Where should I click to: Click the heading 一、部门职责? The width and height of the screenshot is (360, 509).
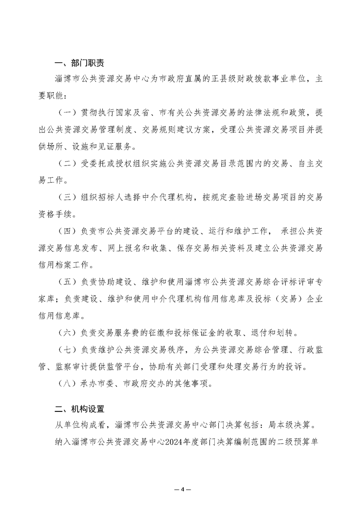(79, 63)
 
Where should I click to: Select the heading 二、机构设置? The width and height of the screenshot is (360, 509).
(79, 409)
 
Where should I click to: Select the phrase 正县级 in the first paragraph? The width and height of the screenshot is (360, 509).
(232, 78)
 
